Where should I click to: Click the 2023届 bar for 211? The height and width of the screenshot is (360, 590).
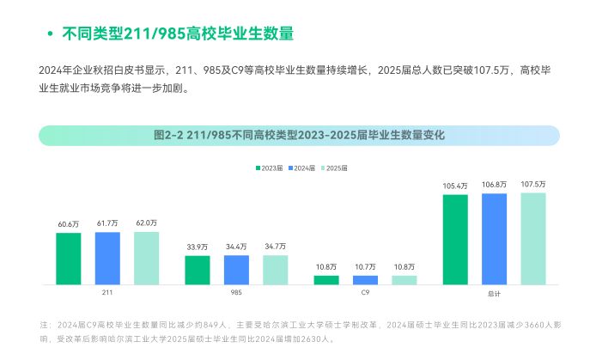click(x=69, y=258)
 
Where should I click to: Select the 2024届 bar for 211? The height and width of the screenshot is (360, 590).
click(x=107, y=258)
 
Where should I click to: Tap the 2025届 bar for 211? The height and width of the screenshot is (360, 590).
click(x=146, y=258)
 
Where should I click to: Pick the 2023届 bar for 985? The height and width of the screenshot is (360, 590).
click(x=198, y=270)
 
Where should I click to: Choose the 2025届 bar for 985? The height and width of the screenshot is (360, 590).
click(x=275, y=270)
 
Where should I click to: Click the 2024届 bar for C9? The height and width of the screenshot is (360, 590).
click(x=365, y=279)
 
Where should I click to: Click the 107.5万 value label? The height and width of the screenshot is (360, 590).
click(x=532, y=185)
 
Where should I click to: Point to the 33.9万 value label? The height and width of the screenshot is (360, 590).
click(x=198, y=247)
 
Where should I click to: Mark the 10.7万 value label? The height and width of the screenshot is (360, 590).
click(x=365, y=267)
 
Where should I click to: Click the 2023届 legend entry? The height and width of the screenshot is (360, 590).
click(x=267, y=168)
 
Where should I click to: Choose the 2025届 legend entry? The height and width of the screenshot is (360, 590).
click(x=333, y=168)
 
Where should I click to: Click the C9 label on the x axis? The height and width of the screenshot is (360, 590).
click(x=365, y=293)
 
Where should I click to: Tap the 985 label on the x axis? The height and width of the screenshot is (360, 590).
click(x=236, y=293)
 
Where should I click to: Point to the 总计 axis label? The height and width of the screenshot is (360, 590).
click(x=494, y=294)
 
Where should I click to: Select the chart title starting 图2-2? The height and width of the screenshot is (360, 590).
click(x=299, y=136)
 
